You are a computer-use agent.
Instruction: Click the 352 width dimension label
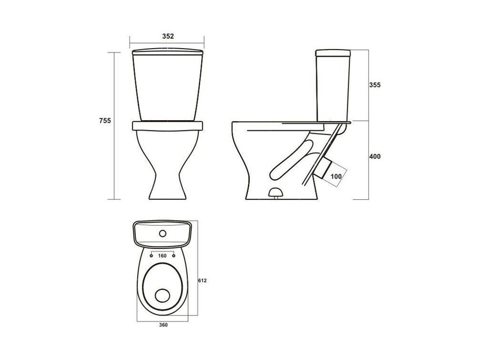point(168,36)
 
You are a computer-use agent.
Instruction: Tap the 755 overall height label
point(105,121)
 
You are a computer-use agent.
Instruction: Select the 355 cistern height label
point(375,85)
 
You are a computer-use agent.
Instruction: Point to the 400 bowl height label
point(375,157)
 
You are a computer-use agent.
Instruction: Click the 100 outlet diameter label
point(336,176)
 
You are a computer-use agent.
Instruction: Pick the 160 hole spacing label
point(162,256)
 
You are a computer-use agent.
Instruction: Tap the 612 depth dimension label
point(202,280)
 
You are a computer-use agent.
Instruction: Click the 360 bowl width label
point(163,325)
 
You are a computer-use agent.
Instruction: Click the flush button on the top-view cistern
point(162,234)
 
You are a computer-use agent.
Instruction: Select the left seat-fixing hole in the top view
point(151,255)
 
